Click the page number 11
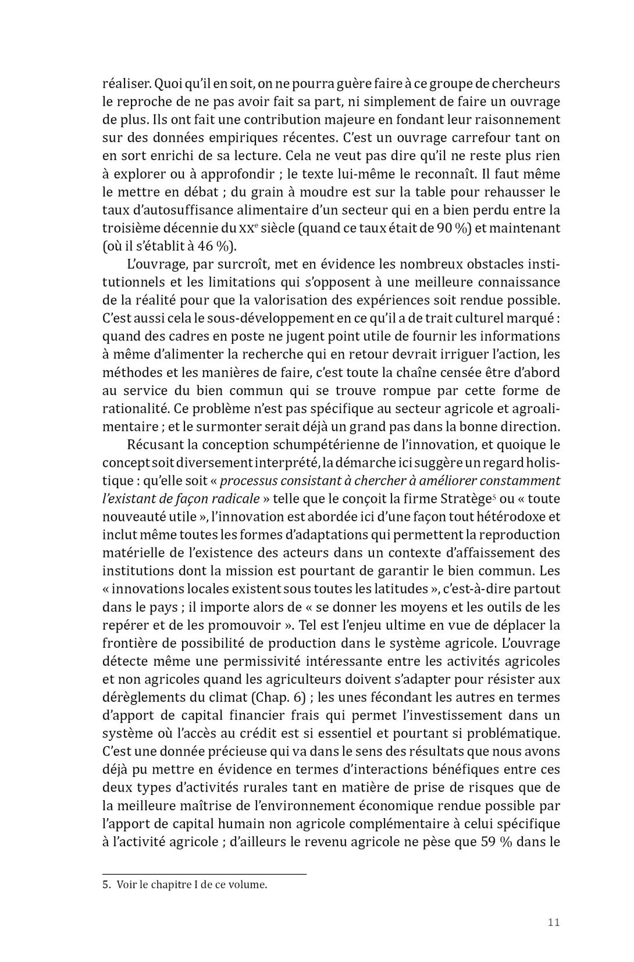(553, 922)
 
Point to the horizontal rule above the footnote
(204, 874)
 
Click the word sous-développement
(254, 318)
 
